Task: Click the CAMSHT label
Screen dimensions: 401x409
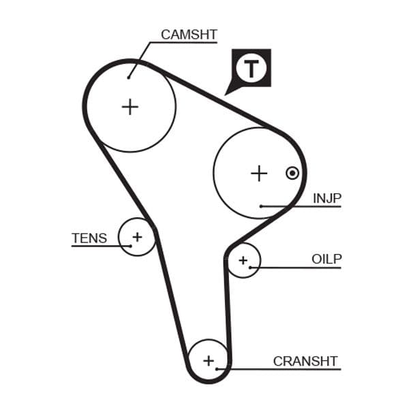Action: [189, 34]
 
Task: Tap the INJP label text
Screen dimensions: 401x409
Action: [327, 198]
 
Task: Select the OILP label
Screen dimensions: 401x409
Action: [327, 259]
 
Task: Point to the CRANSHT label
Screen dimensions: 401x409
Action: [305, 361]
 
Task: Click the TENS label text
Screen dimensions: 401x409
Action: [89, 238]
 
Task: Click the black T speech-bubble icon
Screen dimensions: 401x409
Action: [251, 68]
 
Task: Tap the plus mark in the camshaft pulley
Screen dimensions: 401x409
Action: [130, 106]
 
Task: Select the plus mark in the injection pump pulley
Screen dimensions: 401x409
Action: [258, 174]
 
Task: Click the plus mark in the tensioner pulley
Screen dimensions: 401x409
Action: [137, 237]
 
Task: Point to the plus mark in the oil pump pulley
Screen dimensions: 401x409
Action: [243, 260]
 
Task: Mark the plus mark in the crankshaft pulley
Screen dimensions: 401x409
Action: [209, 361]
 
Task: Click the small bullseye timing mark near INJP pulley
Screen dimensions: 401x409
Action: [292, 173]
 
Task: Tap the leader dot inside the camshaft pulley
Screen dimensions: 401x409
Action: [128, 77]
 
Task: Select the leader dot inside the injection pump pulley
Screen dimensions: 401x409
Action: [261, 206]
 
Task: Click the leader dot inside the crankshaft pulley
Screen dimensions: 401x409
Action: [217, 369]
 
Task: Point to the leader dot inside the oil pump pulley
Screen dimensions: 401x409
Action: [251, 268]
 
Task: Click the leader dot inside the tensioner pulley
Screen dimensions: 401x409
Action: [129, 244]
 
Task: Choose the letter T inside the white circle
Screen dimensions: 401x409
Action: [252, 68]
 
